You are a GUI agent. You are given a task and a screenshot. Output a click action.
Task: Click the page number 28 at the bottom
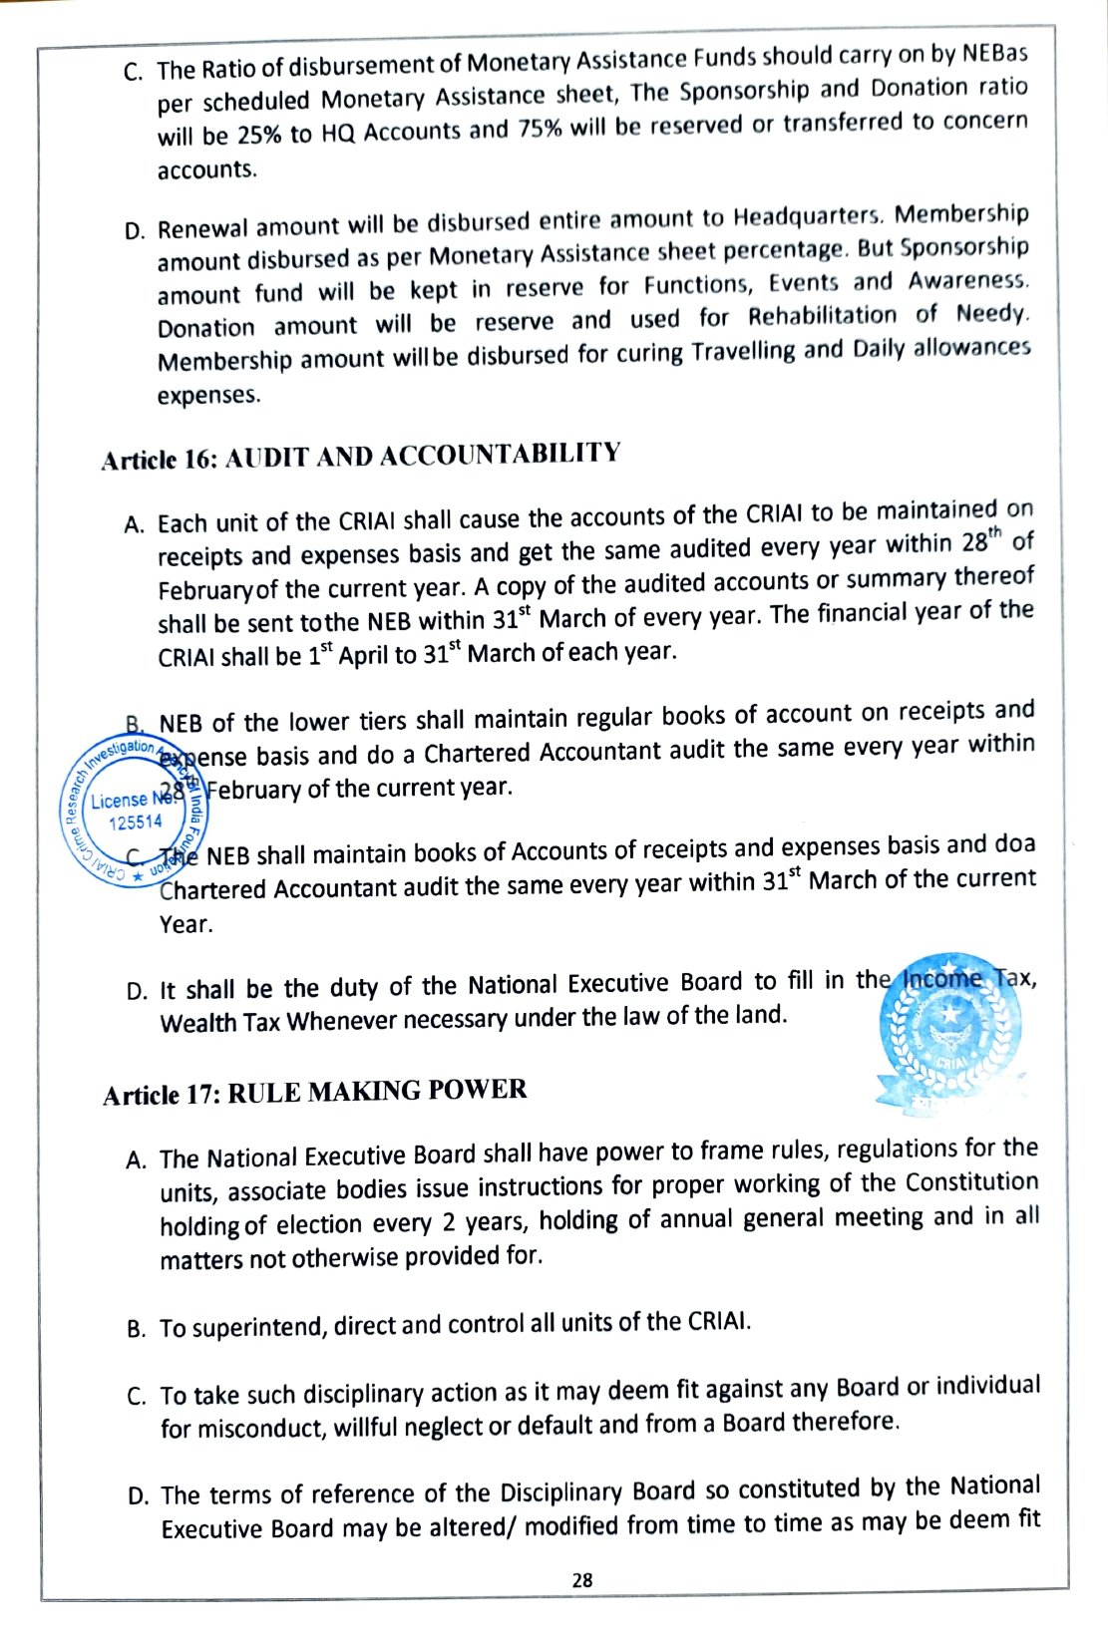pos(582,1579)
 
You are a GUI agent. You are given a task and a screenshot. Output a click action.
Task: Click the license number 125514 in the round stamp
pos(136,822)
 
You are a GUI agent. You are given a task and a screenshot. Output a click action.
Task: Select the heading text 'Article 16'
pos(159,460)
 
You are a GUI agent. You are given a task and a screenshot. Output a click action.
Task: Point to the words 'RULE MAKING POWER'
pos(377,1091)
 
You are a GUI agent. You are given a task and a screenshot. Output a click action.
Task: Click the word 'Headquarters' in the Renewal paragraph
pos(808,216)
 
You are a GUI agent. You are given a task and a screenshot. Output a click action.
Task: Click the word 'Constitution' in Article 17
pos(971,1182)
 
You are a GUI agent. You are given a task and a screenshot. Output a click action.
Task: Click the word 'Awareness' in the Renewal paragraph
pos(966,280)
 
